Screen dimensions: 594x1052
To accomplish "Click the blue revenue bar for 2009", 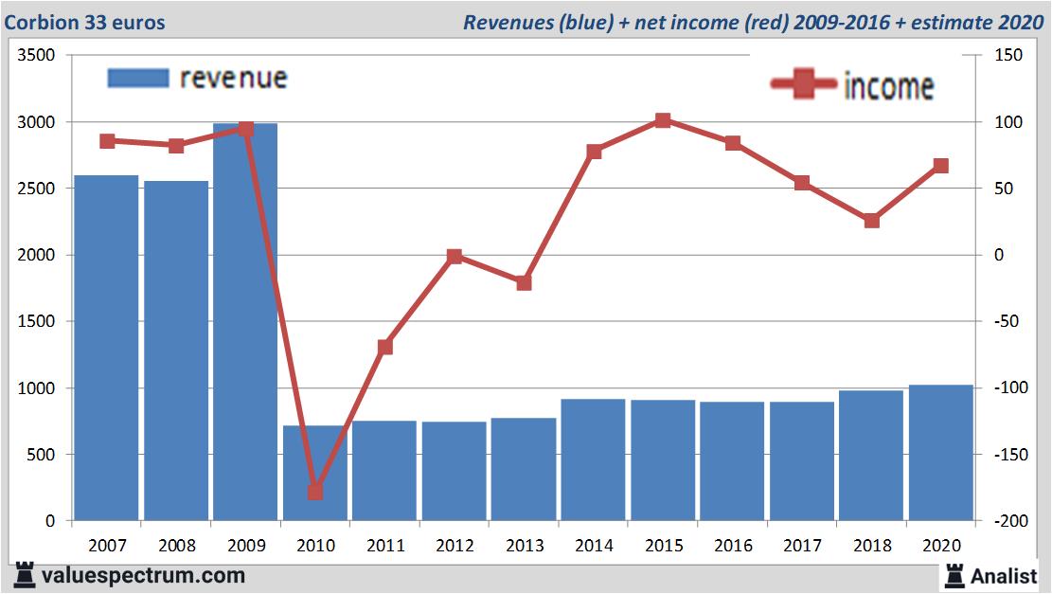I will coord(245,322).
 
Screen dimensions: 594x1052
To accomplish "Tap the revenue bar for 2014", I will coord(593,459).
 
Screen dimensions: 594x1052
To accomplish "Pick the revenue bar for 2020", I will coord(940,453).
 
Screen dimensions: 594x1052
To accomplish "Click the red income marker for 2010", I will coord(315,492).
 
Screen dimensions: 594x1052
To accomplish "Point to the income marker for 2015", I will coord(663,120).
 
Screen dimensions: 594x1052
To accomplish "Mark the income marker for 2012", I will coord(455,256).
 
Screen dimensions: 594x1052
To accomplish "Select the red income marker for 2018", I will coord(872,221).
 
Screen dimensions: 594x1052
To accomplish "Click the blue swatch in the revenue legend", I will coord(138,78).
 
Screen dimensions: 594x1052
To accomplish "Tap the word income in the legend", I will coord(888,86).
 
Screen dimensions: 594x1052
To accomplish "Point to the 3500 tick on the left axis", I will coord(37,56).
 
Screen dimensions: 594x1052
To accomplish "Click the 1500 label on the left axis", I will coord(37,322).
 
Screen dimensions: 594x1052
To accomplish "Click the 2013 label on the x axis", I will coord(524,546).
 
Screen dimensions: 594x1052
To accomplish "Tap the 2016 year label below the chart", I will coord(733,546).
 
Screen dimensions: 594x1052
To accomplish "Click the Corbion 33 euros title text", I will coord(84,22).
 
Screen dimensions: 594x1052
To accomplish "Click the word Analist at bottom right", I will coord(1003,575).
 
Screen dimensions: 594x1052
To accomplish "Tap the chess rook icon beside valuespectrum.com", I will coord(26,575).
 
